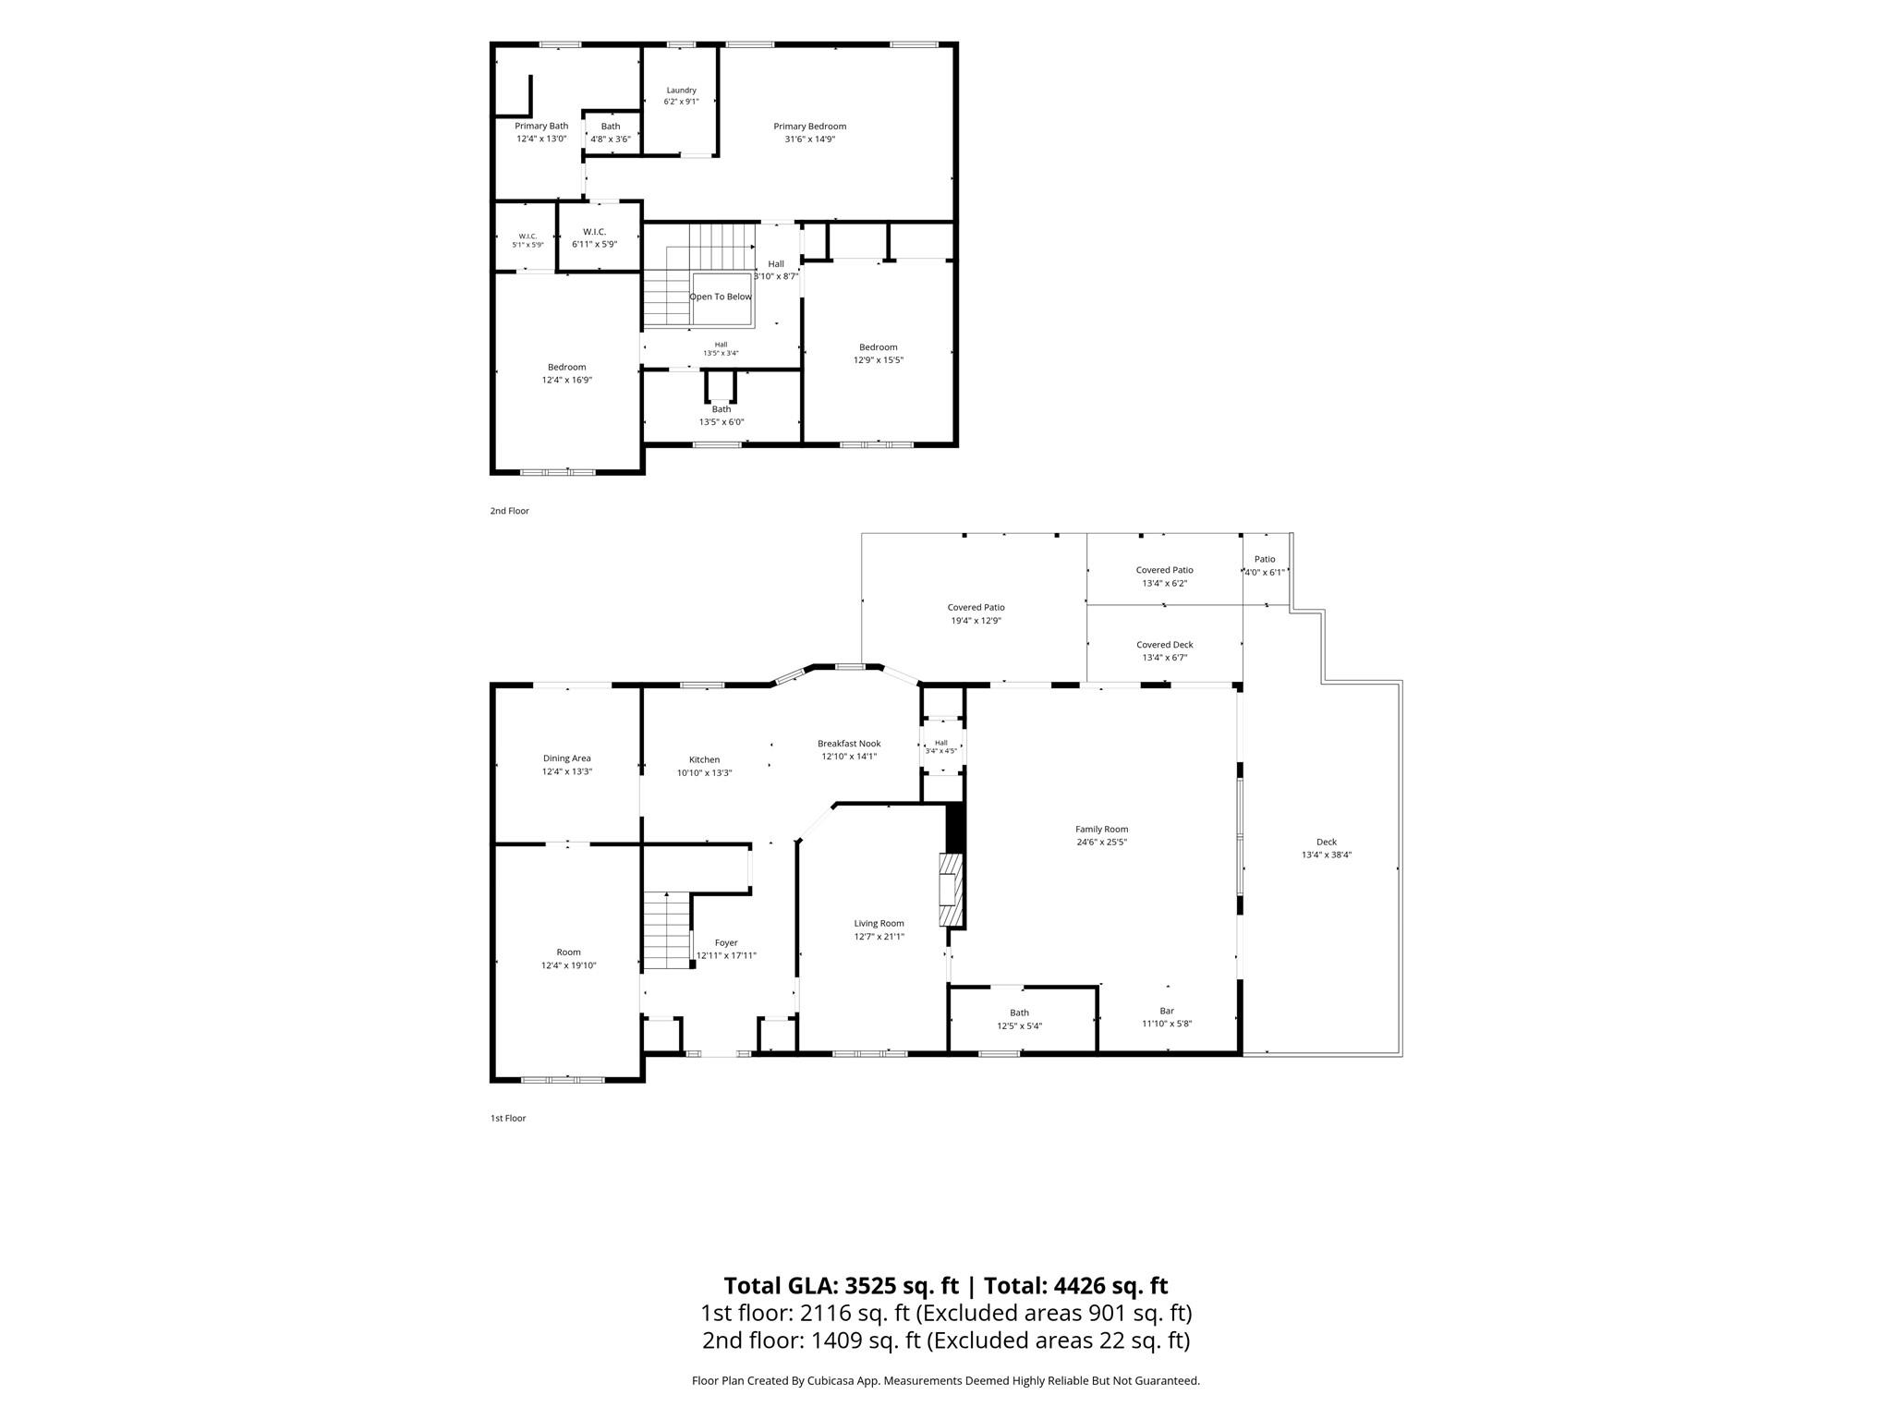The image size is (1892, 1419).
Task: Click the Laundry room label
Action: coord(681,96)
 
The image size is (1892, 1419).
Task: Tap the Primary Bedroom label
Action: coord(810,132)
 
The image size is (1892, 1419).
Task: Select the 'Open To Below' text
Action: coord(721,297)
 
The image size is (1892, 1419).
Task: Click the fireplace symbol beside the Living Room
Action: coord(951,890)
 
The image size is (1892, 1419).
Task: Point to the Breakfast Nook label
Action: coord(849,749)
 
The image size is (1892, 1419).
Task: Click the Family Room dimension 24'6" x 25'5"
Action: coord(1101,842)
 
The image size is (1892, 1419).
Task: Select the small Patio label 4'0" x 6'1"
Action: coord(1265,565)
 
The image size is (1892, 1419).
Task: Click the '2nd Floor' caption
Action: coord(509,511)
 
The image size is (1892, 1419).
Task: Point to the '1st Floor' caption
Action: coord(508,1118)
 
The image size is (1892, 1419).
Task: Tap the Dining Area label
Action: coord(567,765)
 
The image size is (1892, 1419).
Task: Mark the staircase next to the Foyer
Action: coord(668,930)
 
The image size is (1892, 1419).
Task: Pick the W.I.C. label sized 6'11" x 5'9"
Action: coord(594,237)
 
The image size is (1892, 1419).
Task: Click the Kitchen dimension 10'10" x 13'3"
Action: coord(704,772)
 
